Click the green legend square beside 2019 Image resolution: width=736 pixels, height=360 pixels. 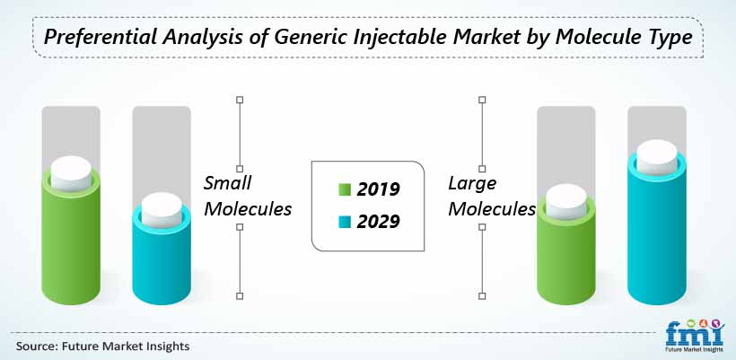coord(345,189)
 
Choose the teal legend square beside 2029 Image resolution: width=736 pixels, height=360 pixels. coord(345,221)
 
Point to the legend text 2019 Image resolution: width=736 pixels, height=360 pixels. coord(379,189)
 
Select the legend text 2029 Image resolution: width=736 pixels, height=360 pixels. coord(379,221)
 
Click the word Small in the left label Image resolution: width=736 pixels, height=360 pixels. coord(228,182)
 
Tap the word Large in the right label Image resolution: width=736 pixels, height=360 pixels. coord(472,183)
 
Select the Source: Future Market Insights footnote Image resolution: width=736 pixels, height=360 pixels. coord(103,347)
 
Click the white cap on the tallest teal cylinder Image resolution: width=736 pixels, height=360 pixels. coord(657,157)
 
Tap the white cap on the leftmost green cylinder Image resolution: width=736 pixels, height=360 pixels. coord(71,173)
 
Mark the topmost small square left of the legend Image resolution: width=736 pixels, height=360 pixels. coord(240,100)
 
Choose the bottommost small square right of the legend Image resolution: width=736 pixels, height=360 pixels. coord(482,296)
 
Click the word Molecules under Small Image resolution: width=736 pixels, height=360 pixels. coord(248,209)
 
